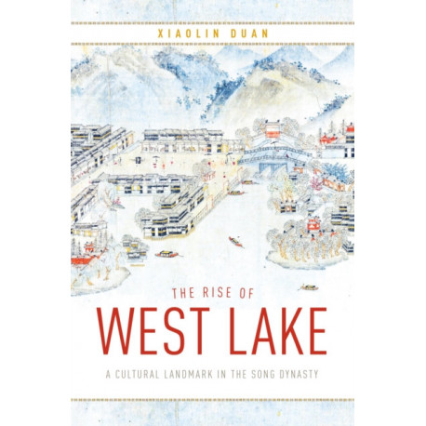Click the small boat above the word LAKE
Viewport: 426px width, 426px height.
point(308,287)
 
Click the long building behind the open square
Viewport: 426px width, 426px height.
point(181,137)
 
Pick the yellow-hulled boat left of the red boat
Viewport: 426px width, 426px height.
point(167,253)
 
